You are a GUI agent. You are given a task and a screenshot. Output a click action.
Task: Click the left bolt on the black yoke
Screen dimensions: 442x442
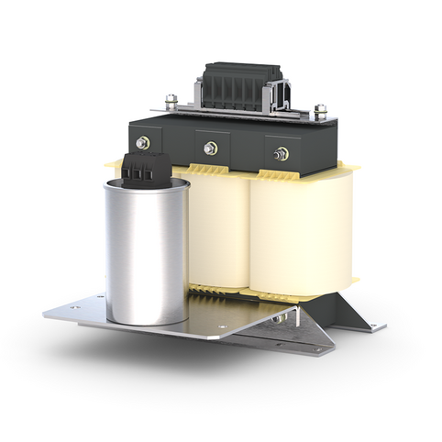143,143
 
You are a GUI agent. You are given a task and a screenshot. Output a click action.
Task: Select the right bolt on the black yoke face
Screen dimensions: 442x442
281,153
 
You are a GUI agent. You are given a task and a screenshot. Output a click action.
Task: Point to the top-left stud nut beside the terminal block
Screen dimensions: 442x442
171,100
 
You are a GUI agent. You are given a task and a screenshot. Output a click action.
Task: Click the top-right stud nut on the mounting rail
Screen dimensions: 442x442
320,111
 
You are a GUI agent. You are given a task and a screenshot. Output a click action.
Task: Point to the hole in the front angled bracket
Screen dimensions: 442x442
316,348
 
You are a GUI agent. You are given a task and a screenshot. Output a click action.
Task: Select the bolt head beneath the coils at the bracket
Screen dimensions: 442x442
276,320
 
